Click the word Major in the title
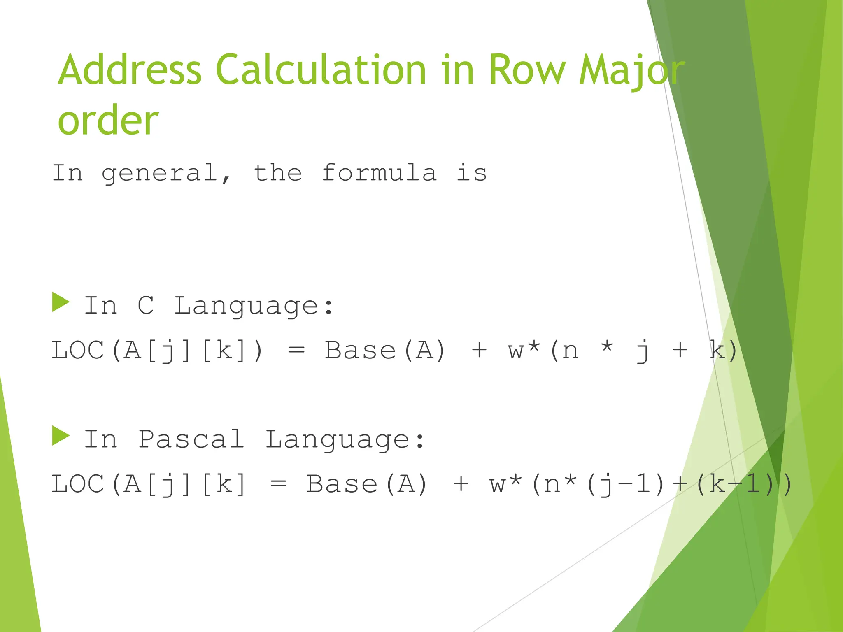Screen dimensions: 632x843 coord(631,71)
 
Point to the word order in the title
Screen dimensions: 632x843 coord(108,120)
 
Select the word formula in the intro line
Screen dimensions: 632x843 coord(379,172)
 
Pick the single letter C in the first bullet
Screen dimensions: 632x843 coord(146,306)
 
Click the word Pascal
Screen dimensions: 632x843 coord(191,439)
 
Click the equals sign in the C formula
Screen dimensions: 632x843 coord(296,351)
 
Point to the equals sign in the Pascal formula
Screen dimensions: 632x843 coord(278,484)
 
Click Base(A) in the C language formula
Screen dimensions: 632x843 coord(385,351)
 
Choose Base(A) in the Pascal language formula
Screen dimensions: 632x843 coord(367,484)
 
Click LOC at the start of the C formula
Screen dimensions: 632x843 coord(77,351)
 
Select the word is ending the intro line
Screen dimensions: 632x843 coord(471,172)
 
